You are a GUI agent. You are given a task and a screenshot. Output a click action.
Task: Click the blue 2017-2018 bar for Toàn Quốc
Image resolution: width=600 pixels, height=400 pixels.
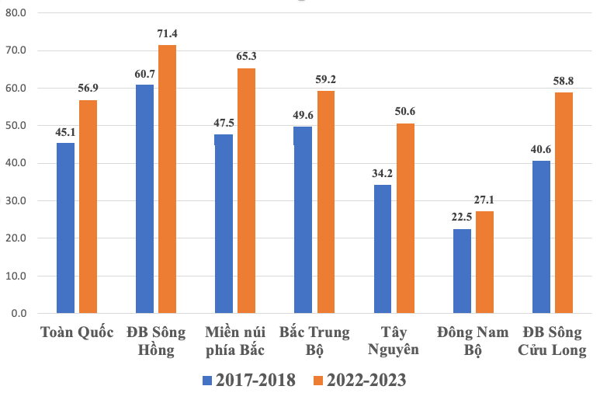65,228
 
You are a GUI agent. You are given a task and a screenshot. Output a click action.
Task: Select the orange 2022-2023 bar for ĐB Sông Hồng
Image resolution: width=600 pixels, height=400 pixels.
167,179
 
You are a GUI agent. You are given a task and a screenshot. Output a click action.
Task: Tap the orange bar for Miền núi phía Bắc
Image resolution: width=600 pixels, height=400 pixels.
246,191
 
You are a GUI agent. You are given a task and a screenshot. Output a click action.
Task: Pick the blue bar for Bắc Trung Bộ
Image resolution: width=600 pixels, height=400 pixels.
303,220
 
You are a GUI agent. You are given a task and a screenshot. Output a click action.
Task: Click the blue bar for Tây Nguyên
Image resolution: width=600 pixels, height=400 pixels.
382,249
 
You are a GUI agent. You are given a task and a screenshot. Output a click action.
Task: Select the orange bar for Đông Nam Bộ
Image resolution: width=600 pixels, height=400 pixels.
484,262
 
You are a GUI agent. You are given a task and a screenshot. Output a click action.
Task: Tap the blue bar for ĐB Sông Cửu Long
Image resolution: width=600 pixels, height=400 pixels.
541,237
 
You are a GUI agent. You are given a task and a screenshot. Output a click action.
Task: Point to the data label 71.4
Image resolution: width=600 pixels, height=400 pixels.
168,34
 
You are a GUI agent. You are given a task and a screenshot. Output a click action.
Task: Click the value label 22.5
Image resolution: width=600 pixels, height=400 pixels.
462,217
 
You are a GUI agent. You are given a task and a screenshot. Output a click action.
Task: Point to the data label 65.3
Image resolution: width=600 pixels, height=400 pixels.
247,57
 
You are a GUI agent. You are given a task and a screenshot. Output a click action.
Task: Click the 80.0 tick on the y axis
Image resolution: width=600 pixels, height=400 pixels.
16,13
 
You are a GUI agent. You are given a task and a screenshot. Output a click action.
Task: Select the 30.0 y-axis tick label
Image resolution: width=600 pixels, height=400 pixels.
16,200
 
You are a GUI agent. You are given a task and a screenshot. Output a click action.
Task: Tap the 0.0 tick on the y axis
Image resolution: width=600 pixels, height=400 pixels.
19,313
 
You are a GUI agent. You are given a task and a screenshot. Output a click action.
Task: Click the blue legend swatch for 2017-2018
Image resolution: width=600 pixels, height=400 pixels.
207,381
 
